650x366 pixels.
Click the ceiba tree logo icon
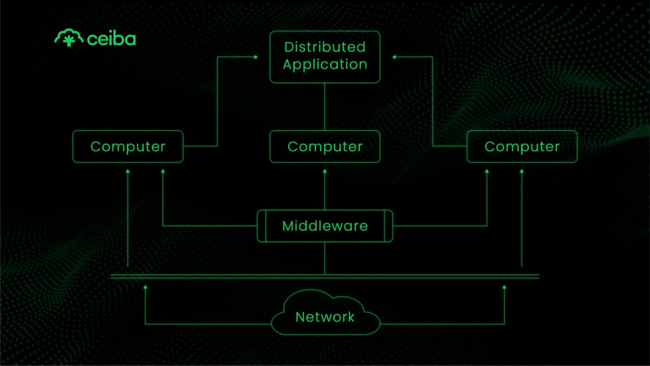[x=67, y=38]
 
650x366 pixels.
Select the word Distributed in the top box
[x=324, y=47]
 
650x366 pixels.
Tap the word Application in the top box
[x=324, y=64]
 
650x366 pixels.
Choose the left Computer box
[x=128, y=147]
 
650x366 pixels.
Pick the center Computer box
[x=324, y=147]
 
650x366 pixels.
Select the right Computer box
[x=522, y=147]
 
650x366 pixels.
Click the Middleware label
[x=324, y=226]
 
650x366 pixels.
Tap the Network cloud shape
[x=324, y=315]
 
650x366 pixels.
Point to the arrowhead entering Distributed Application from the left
[x=256, y=57]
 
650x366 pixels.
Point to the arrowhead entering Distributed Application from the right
[x=394, y=57]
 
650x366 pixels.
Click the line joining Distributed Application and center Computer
[x=324, y=107]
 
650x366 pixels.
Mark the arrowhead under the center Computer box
[x=324, y=171]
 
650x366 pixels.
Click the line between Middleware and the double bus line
[x=324, y=258]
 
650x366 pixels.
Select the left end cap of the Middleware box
[x=261, y=226]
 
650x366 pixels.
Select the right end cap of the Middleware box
[x=388, y=226]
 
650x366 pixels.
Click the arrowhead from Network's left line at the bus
[x=145, y=287]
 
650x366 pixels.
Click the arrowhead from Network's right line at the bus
[x=505, y=287]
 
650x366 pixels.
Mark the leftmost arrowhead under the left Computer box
[x=128, y=171]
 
